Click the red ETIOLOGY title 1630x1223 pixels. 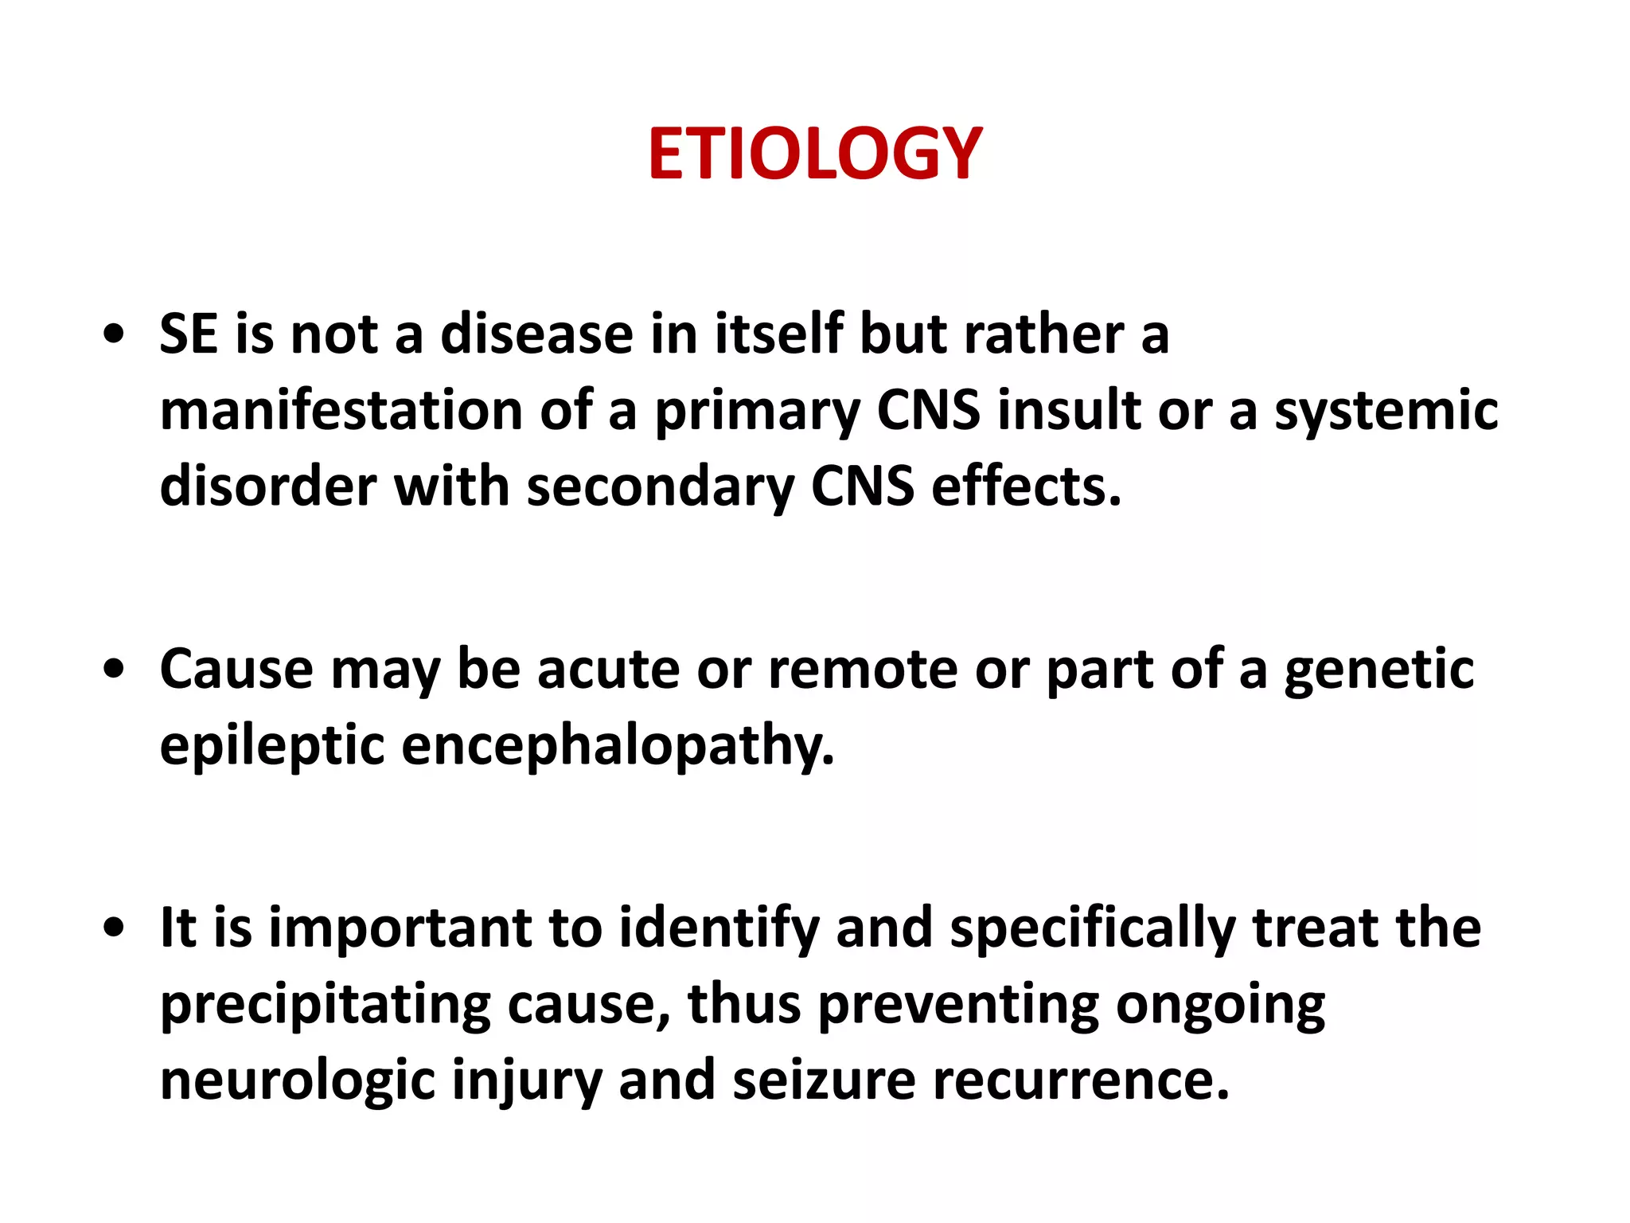click(815, 153)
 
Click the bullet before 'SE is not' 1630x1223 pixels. click(115, 335)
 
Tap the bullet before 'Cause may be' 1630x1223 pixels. click(115, 670)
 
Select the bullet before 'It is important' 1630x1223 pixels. click(115, 928)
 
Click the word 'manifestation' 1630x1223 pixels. click(341, 411)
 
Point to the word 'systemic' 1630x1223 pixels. click(1386, 411)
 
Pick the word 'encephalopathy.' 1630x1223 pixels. click(618, 747)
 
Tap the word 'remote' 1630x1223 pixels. click(863, 670)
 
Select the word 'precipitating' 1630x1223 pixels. click(325, 1005)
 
